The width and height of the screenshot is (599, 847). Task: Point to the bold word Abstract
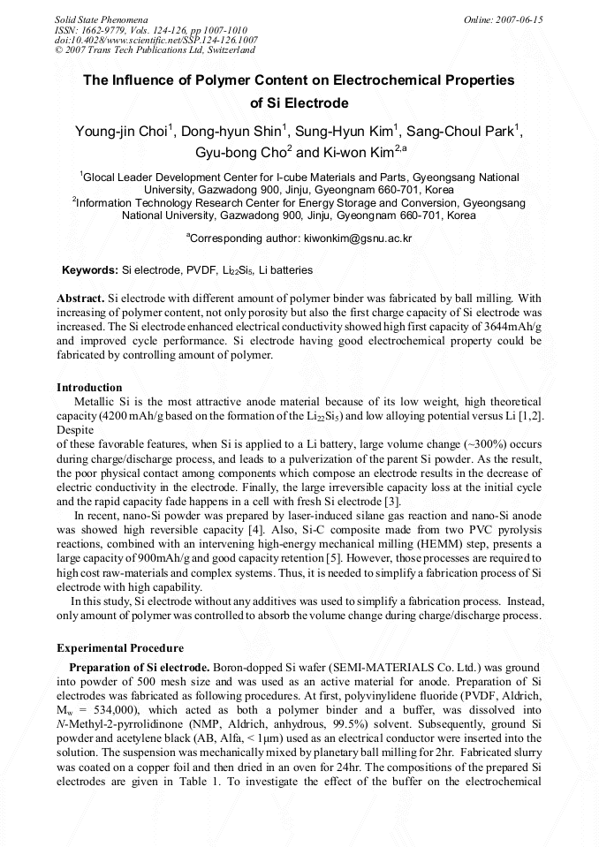coord(80,299)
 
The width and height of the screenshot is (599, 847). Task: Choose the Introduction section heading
coord(89,387)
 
